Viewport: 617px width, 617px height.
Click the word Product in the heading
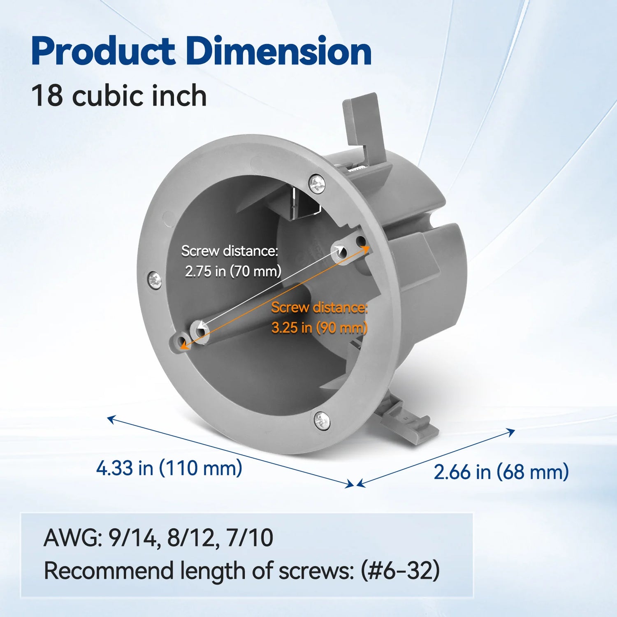tap(103, 51)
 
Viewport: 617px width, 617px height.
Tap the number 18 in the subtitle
tap(47, 96)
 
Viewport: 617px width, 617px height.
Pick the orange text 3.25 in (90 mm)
tap(319, 328)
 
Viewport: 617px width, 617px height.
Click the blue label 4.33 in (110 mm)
tap(169, 469)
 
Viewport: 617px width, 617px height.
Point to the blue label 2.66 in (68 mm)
tap(501, 472)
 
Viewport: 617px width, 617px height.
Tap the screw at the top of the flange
tap(317, 184)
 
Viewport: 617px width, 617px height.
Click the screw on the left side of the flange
tap(155, 281)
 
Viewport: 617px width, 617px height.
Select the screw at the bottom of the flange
tap(321, 420)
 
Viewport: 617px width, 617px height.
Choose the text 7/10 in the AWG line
tap(250, 538)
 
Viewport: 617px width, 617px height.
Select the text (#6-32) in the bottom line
tap(400, 571)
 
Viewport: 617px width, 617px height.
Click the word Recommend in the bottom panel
tap(109, 571)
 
